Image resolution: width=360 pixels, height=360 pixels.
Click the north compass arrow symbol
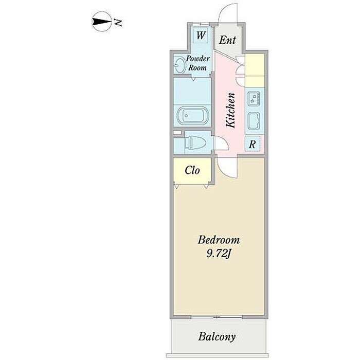[x=101, y=22]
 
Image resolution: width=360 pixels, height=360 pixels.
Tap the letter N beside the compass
[x=118, y=22]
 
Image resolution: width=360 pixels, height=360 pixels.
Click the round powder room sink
[x=179, y=65]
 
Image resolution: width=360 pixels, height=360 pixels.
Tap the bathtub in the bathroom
[x=191, y=115]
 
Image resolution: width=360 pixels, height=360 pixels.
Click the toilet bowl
[x=195, y=142]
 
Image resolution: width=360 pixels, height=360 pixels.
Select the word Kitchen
[x=231, y=110]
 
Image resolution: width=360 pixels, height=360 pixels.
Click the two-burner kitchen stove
[x=254, y=97]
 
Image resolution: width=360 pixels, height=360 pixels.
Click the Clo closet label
[x=192, y=170]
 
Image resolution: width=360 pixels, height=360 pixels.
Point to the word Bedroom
[x=219, y=240]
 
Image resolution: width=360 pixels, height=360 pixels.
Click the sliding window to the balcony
[x=219, y=315]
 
